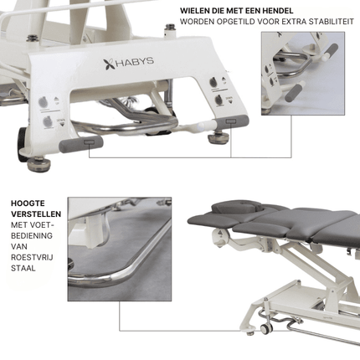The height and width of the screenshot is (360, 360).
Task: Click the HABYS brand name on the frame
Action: click(x=135, y=62)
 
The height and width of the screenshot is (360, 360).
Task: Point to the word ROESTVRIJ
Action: click(x=32, y=257)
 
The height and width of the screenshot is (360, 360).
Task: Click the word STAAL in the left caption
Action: click(x=23, y=268)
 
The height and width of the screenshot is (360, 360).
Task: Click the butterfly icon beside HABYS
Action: click(x=109, y=64)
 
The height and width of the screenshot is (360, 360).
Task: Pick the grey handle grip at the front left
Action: click(x=81, y=143)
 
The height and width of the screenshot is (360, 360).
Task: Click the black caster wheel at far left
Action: click(x=23, y=144)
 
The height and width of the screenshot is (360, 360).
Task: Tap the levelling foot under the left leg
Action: click(x=39, y=165)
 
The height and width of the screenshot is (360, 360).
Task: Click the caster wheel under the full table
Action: click(x=266, y=328)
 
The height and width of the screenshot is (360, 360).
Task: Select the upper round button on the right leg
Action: click(x=213, y=82)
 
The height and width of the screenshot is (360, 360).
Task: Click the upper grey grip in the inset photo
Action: click(x=331, y=50)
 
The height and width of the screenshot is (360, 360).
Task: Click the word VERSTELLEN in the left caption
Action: click(x=36, y=214)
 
